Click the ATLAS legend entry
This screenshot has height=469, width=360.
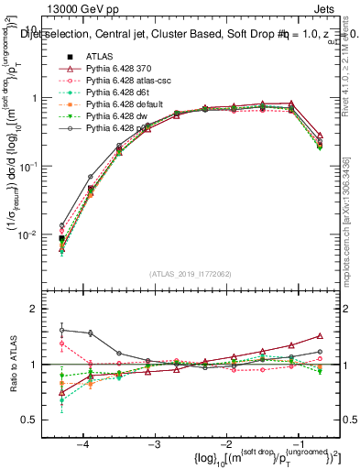[x=101, y=57]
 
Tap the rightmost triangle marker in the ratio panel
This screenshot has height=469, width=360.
[x=319, y=336]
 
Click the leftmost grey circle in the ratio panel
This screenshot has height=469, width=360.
[x=62, y=330]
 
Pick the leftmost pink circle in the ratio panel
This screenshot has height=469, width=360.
[x=62, y=344]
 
